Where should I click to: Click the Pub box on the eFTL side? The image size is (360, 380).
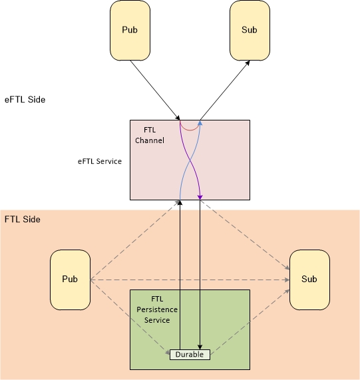(x=130, y=31)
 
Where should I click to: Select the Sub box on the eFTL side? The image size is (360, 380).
(x=250, y=31)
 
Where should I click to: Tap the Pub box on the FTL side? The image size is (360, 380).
(x=71, y=280)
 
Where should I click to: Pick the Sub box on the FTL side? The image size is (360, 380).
(x=309, y=280)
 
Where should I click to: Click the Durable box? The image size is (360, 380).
(x=190, y=355)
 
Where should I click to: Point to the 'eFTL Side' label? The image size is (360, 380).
(x=25, y=100)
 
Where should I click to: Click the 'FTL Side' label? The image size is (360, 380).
(x=23, y=220)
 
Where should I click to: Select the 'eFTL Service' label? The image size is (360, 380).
(x=100, y=162)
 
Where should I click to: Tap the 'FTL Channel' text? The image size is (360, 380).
(x=150, y=135)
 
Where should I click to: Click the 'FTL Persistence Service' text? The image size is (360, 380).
(x=157, y=309)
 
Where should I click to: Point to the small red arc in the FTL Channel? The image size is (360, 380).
(x=190, y=130)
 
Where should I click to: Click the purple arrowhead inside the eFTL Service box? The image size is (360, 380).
(x=200, y=197)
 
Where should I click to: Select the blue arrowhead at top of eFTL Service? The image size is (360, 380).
(x=200, y=123)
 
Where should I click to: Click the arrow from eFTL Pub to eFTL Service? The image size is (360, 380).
(x=155, y=90)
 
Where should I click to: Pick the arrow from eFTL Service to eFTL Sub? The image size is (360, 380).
(x=225, y=90)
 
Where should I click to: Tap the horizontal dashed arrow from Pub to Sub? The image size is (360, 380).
(x=190, y=280)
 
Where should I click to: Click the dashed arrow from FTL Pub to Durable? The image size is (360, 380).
(x=130, y=317)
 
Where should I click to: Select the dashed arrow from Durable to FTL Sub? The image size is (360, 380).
(x=250, y=322)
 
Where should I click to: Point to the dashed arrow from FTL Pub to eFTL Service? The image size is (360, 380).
(x=135, y=240)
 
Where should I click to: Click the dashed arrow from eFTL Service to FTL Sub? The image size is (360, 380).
(x=245, y=235)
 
